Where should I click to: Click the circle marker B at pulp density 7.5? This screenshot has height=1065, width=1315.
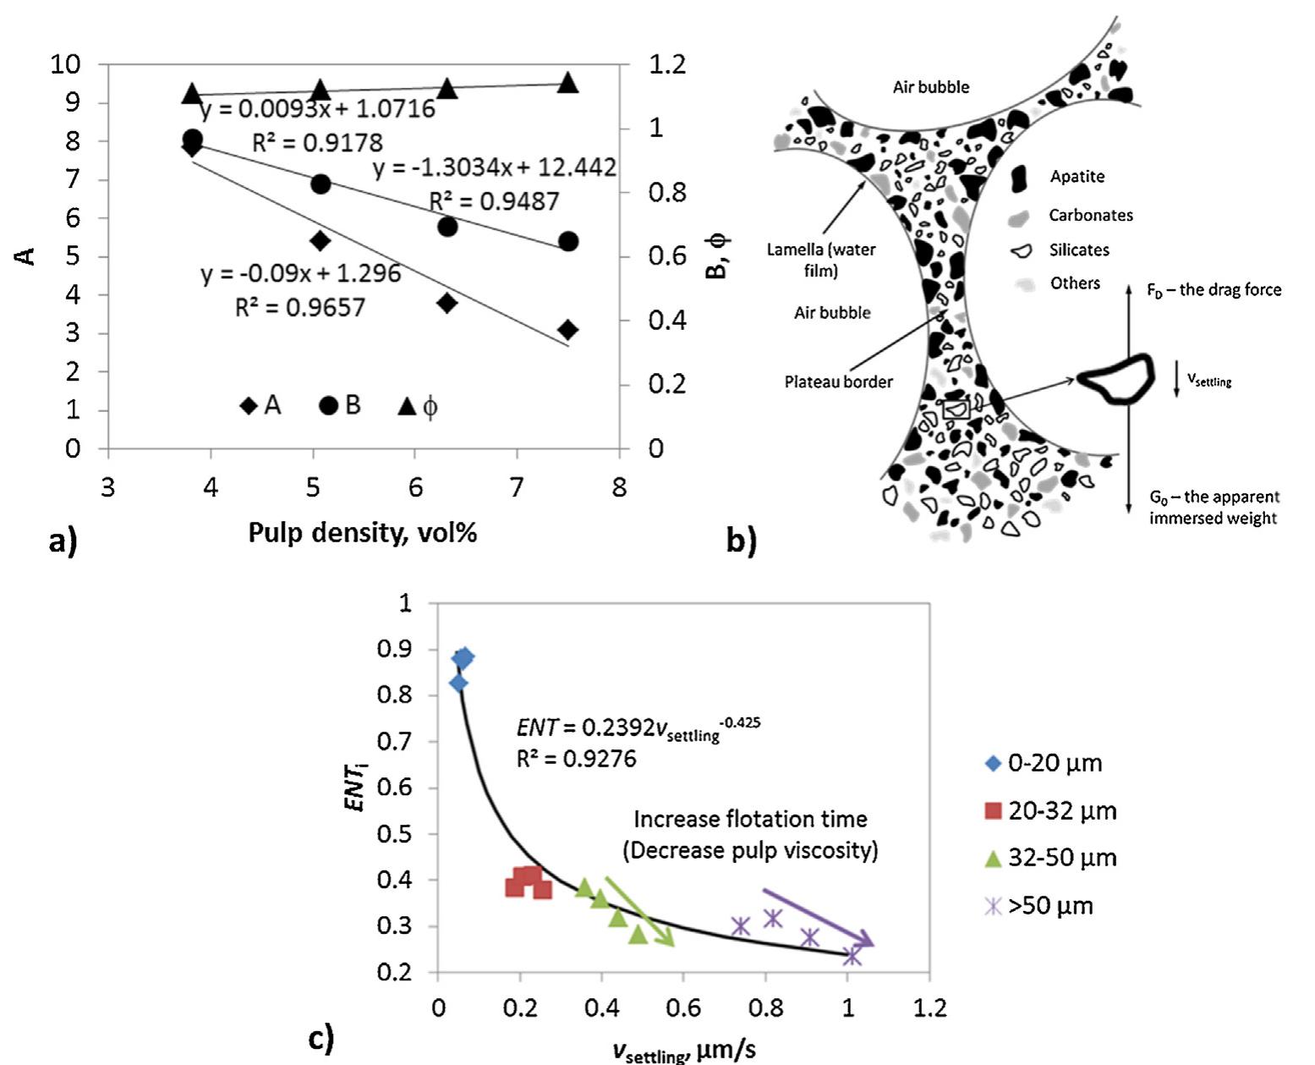tap(568, 242)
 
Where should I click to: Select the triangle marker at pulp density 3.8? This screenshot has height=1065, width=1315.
tap(192, 93)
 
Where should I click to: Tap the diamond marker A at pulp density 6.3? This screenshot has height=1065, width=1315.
tap(447, 303)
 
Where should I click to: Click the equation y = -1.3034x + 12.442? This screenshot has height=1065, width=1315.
tap(495, 168)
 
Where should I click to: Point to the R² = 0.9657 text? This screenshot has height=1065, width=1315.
tap(300, 307)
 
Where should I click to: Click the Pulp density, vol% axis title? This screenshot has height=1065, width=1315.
tap(362, 533)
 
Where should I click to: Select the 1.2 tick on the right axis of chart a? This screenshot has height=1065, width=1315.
tap(667, 64)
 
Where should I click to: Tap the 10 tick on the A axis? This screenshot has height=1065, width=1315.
tap(66, 64)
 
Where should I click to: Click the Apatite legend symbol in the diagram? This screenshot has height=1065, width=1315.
tap(1020, 177)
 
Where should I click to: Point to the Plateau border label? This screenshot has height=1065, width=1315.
tap(838, 382)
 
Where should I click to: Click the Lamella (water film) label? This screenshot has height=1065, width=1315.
tap(821, 260)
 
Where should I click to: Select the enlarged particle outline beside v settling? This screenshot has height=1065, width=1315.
tap(1118, 379)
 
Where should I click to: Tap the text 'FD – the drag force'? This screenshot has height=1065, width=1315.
tap(1214, 290)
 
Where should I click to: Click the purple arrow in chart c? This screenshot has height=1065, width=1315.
tap(818, 917)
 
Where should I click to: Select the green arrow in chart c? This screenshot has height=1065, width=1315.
tap(639, 911)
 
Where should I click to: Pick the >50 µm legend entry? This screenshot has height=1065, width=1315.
tap(1039, 906)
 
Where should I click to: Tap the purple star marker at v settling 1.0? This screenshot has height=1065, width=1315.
tap(852, 956)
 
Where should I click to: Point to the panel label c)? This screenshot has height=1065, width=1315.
tap(321, 1037)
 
